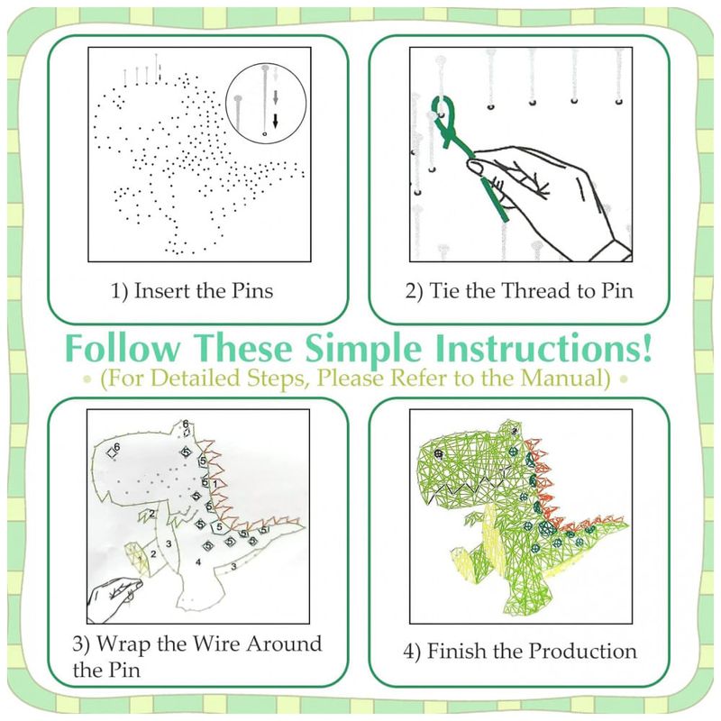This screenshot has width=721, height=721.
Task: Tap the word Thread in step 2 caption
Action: (531, 290)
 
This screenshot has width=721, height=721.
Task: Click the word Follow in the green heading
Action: (123, 348)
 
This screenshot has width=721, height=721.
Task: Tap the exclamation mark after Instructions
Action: (646, 347)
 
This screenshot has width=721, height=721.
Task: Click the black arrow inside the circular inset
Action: (276, 121)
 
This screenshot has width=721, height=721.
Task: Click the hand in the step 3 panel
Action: (114, 600)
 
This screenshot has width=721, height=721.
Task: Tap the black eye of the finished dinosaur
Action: (438, 454)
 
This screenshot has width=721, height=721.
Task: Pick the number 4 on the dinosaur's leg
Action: (198, 561)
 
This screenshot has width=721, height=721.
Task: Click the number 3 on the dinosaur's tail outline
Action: (233, 566)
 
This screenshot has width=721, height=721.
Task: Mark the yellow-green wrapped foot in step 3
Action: (137, 558)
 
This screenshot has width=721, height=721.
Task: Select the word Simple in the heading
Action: (363, 349)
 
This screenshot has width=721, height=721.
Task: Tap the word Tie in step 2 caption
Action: (444, 290)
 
